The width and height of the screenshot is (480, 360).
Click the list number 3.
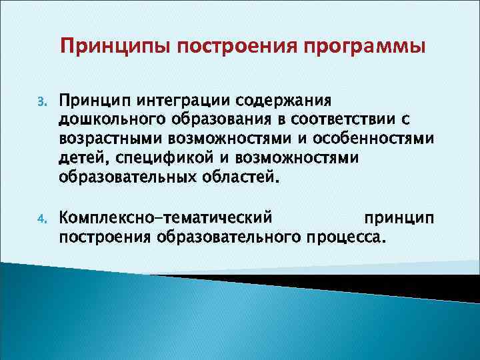click(40, 102)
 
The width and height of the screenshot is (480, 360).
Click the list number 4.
click(40, 218)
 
